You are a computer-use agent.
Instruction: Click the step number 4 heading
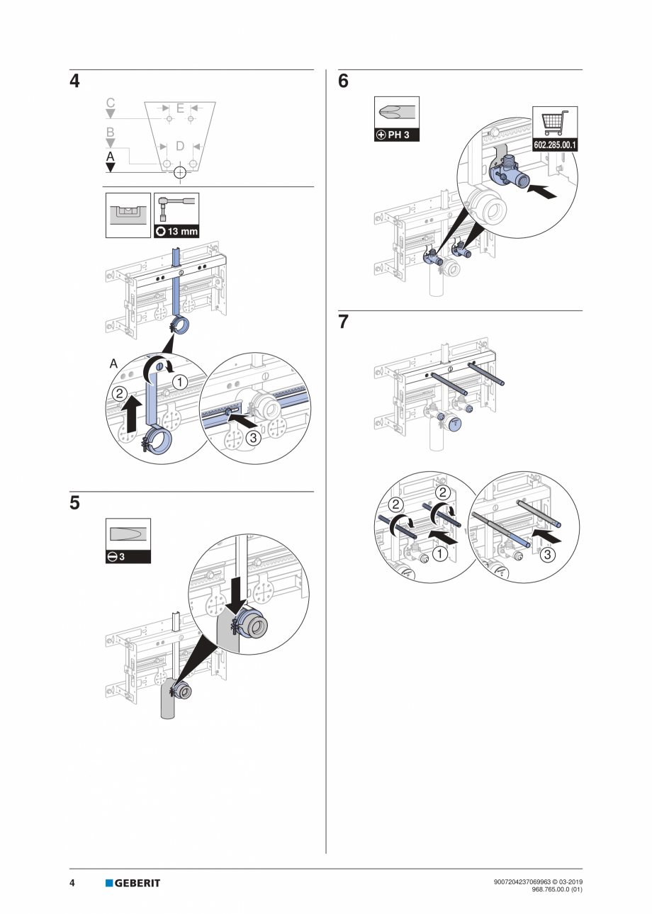74,81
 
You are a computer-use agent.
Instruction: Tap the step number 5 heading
74,504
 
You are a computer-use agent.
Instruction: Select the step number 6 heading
344,81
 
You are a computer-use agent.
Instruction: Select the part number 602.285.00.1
555,145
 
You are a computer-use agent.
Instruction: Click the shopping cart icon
555,122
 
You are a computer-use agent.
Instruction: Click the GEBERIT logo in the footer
133,883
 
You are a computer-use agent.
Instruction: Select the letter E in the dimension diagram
180,108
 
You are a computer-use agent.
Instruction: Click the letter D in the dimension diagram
180,146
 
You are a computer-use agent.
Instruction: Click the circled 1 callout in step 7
440,555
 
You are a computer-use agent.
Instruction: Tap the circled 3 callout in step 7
548,555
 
